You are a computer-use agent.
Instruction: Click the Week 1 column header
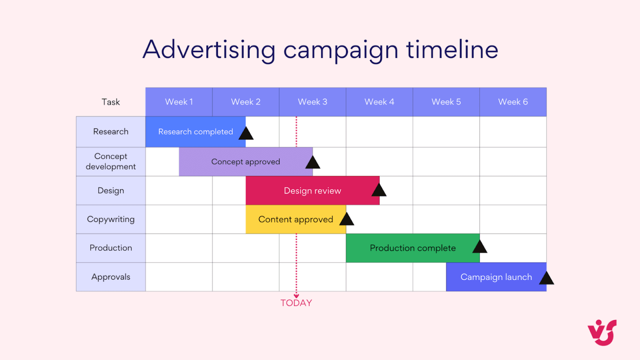pos(179,102)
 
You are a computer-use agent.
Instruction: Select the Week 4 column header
pos(379,102)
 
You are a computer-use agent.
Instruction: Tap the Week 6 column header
pos(513,102)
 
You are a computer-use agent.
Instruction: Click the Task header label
pos(110,102)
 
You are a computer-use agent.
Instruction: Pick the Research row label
pos(111,132)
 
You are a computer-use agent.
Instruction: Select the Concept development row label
pos(111,162)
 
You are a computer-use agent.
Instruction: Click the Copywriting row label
pos(111,219)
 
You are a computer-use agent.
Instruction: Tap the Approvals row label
pos(111,277)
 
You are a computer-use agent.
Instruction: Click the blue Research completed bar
pos(195,132)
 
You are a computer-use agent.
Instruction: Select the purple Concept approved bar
pos(245,162)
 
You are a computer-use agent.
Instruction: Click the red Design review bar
pos(312,191)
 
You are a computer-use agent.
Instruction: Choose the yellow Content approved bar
pos(295,220)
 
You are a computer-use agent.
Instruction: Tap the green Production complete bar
pos(412,248)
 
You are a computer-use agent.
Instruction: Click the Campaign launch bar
pos(496,277)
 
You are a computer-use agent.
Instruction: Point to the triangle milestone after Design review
pos(379,191)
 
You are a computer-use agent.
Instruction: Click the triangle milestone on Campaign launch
pos(546,279)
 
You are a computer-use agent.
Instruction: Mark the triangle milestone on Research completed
pos(246,134)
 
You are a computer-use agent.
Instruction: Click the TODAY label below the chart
pos(296,303)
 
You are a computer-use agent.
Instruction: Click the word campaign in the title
pos(341,50)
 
